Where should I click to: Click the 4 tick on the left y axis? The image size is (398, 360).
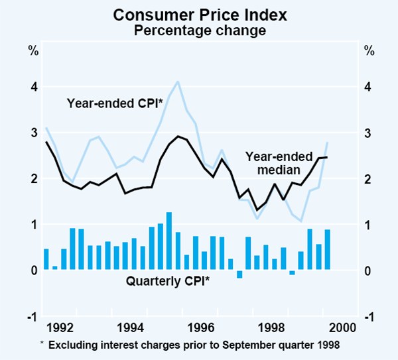coord(33,87)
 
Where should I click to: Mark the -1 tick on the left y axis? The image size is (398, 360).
coord(31,317)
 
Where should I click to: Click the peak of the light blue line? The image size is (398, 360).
coord(178,82)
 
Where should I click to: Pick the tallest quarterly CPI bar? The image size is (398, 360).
coord(169,241)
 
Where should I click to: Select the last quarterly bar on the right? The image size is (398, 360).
coord(327,250)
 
